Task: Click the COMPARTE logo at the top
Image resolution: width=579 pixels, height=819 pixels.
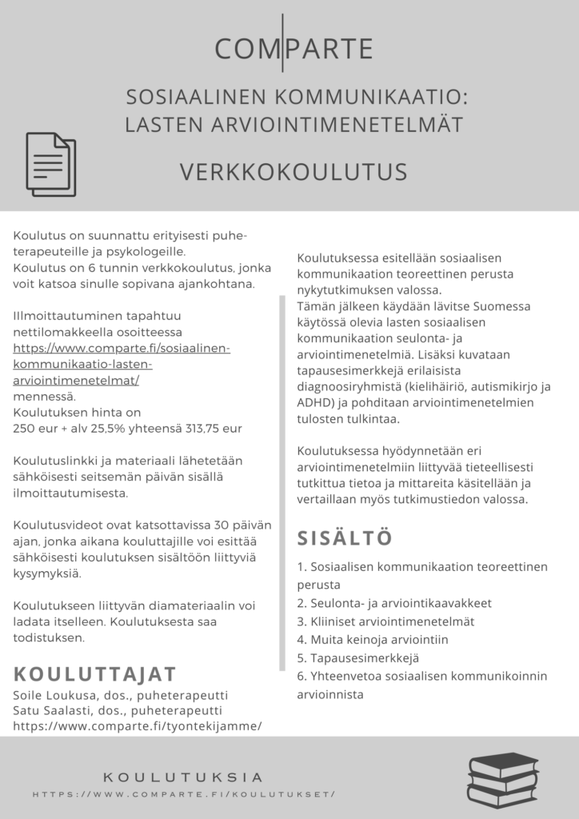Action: click(x=294, y=49)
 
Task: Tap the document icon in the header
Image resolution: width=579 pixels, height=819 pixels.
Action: click(x=51, y=164)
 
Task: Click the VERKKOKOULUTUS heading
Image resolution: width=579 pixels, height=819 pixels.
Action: click(x=293, y=172)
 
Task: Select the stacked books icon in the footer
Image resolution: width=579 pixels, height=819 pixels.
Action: click(x=503, y=779)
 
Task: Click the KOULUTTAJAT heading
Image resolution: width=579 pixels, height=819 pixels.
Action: click(x=95, y=672)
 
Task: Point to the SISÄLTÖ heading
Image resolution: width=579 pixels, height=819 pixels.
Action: click(x=345, y=537)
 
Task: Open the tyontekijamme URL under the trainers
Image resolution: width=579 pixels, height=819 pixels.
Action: click(x=138, y=726)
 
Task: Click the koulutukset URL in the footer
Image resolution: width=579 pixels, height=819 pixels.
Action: click(x=184, y=794)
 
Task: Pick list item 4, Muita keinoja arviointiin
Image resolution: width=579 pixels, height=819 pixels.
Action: click(x=372, y=639)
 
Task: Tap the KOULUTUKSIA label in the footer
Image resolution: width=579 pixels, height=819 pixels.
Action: click(x=183, y=777)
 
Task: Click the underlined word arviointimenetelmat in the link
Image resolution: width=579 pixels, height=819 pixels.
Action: click(x=74, y=380)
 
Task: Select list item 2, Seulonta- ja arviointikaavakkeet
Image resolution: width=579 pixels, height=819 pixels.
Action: click(x=393, y=602)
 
